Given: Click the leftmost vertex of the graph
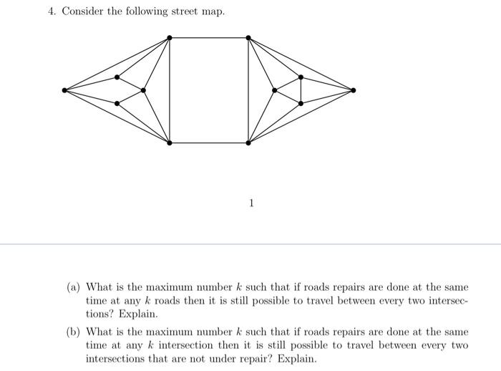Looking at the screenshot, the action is coord(65,90).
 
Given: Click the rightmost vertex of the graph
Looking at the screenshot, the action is coord(354,90).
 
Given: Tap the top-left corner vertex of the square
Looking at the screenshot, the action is coord(169,37).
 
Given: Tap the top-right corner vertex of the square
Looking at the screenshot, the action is coord(248,37).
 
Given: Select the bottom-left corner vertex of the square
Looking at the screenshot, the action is coord(169,143).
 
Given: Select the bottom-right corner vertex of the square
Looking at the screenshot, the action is coord(248,143).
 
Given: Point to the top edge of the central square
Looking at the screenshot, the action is coord(208,37).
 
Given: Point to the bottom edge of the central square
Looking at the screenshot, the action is coord(208,143).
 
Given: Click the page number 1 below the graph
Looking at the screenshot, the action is coord(250,203).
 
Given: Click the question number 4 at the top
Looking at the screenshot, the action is coord(51,11).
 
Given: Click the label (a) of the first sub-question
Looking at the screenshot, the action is coord(73,289).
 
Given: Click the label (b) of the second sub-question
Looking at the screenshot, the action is coord(73,332).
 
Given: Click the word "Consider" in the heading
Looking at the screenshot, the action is coord(82,11).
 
